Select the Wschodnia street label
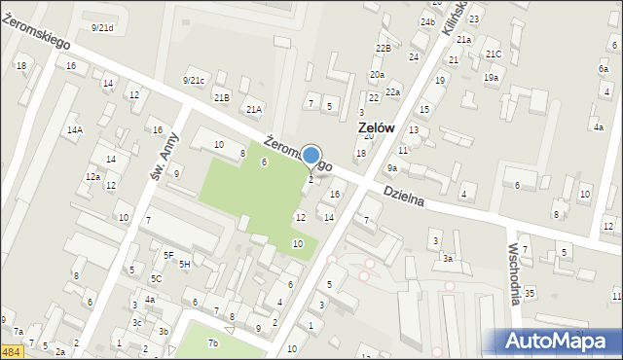point(513,274)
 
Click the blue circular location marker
point(311,156)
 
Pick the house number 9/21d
point(101,28)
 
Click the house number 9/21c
point(194,80)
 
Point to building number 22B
point(383,48)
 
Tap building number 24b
point(427,21)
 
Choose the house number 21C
point(494,54)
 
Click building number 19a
point(492,77)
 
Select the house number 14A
point(75,129)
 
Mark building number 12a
point(92,176)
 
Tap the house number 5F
point(168,255)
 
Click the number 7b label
point(213,342)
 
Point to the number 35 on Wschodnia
point(530,293)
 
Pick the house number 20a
point(377,75)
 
